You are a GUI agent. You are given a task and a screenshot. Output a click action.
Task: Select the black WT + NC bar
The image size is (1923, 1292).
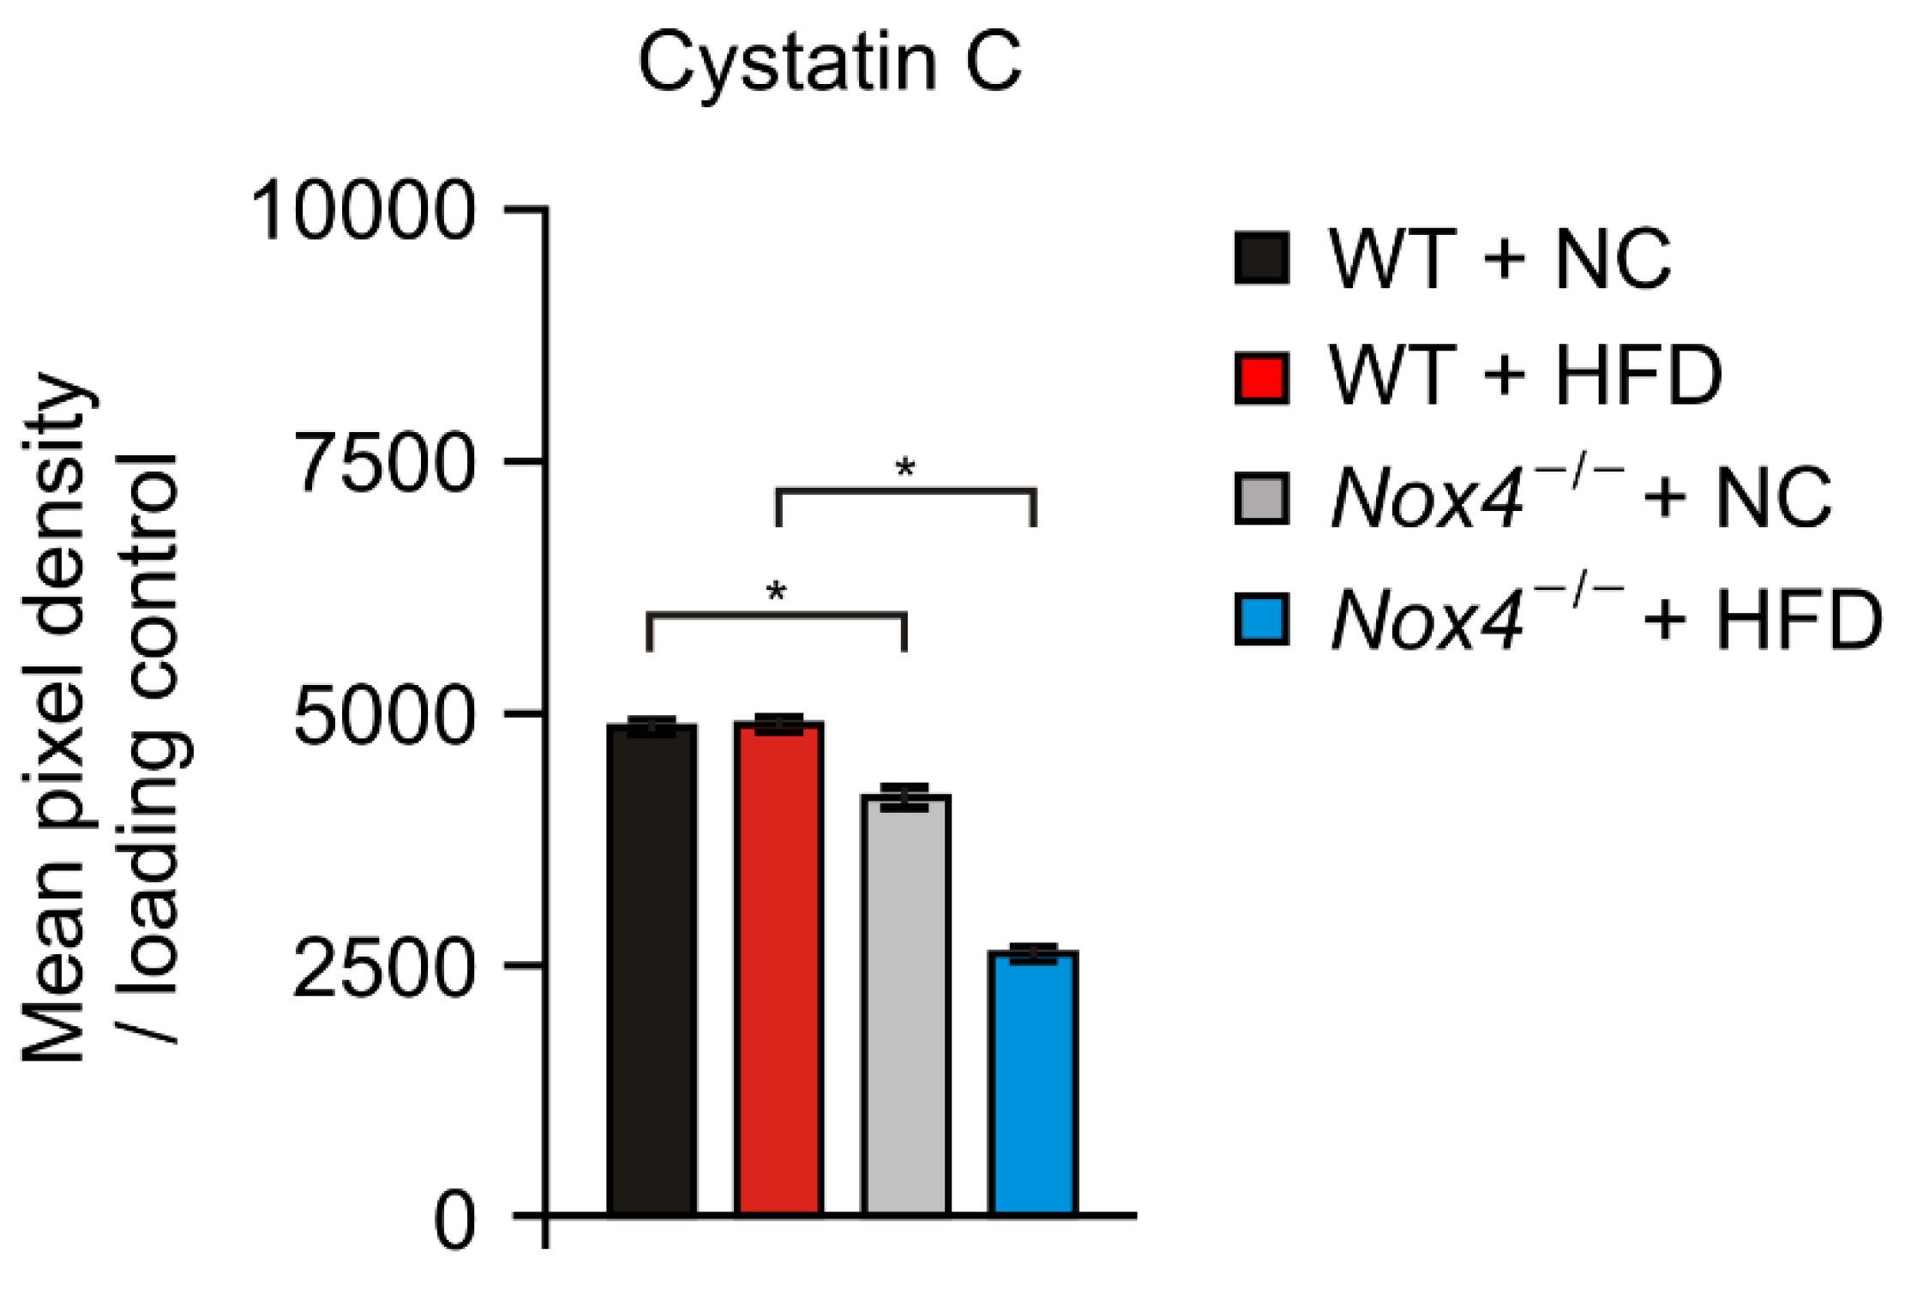coord(652,969)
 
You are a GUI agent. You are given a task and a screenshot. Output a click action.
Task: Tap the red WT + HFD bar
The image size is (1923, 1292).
coord(778,969)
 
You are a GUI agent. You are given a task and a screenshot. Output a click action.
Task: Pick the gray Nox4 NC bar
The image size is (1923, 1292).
coord(905,1003)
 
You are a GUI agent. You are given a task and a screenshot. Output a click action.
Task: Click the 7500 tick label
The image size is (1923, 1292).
coord(384,463)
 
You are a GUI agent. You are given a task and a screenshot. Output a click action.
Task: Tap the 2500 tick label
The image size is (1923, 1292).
coord(384,968)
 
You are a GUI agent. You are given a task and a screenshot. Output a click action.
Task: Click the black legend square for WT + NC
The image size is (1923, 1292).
coord(1261,257)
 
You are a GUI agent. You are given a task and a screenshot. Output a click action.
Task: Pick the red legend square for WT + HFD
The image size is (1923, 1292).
coord(1261,377)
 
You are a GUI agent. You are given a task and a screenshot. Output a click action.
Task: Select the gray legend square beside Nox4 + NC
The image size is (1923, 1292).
coord(1261,498)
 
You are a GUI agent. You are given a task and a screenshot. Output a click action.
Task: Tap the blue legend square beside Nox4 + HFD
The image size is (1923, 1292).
coord(1261,619)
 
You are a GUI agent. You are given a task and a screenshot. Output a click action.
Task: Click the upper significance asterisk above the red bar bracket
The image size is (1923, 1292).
coord(905,469)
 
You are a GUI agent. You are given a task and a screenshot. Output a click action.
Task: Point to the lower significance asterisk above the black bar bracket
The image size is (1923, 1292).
coord(776,592)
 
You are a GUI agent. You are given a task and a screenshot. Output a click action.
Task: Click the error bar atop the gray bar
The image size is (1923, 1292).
coord(905,797)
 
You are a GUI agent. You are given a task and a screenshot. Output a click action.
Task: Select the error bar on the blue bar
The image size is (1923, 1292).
coord(1033,953)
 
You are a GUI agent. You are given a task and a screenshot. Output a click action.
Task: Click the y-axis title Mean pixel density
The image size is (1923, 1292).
coord(56,720)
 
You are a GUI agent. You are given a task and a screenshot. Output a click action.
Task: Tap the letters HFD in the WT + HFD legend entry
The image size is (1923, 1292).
coord(1638,376)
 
